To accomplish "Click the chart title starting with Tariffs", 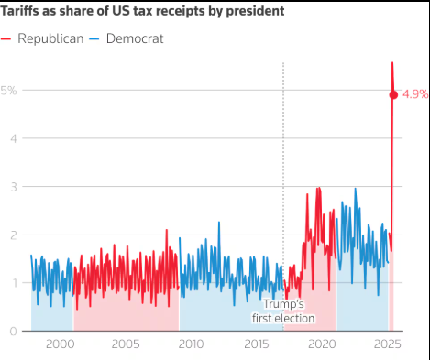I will [142, 11].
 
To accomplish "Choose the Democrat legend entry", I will [128, 38].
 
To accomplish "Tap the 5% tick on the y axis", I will [8, 91].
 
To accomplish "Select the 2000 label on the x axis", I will [60, 344].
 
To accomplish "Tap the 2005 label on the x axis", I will [126, 344].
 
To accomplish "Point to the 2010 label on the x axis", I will [192, 344].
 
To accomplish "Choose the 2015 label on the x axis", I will [257, 344].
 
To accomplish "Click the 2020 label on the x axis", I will [323, 344].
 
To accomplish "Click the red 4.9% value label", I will [413, 94].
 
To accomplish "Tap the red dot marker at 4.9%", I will [393, 94].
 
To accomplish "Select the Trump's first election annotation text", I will [283, 311].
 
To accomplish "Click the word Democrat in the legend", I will [136, 38].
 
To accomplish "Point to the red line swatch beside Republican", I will [7, 38].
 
